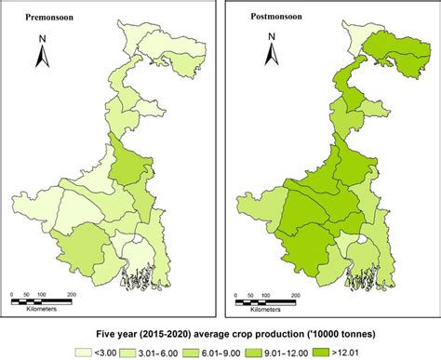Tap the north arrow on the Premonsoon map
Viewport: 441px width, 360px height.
pos(42,57)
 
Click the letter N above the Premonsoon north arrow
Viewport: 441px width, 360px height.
pos(43,39)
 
